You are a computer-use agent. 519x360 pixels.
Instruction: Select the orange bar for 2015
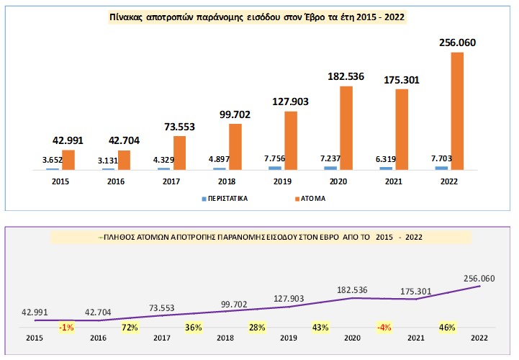tap(68, 160)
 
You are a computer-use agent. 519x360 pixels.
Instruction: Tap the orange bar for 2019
tap(291, 140)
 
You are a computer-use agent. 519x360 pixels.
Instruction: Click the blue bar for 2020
tap(330, 168)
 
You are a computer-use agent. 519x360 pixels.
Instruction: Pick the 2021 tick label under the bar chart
tap(394, 181)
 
